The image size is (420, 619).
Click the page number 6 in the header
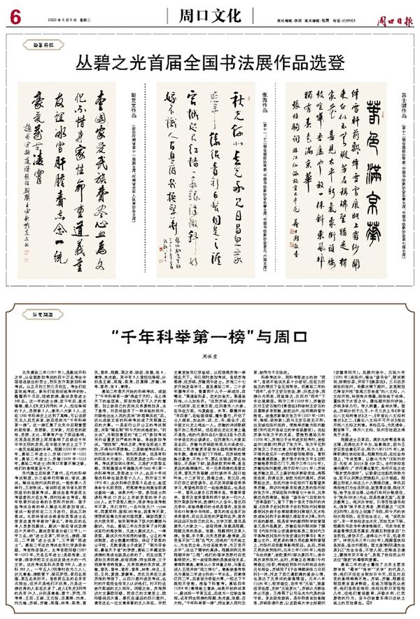pyautogui.click(x=13, y=14)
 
